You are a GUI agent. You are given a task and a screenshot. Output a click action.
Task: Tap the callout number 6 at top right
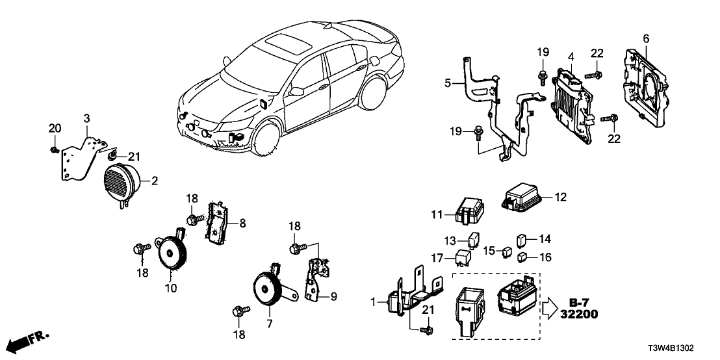pos(646,38)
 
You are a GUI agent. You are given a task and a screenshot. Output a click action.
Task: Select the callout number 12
pos(561,196)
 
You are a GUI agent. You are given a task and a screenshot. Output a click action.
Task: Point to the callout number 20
pos(54,127)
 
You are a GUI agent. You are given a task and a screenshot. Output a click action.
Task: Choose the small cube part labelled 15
pos(505,250)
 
